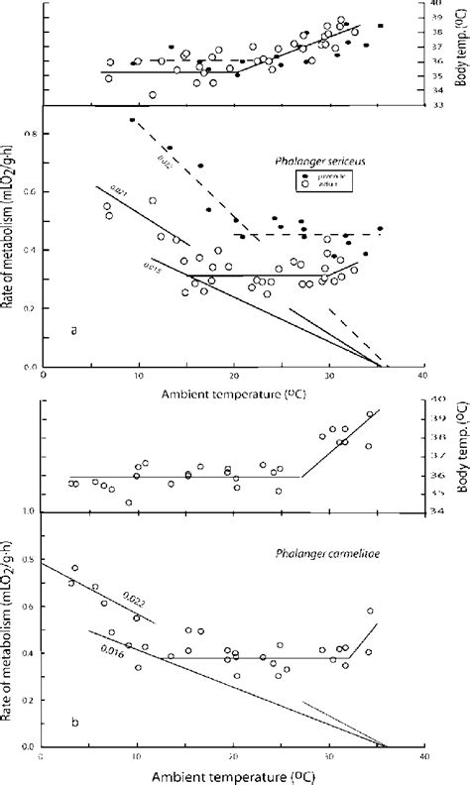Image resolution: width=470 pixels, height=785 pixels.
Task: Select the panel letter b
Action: [74, 722]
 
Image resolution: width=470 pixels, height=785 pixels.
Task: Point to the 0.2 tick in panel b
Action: [30, 700]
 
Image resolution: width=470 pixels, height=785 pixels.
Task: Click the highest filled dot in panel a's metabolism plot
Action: [132, 120]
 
